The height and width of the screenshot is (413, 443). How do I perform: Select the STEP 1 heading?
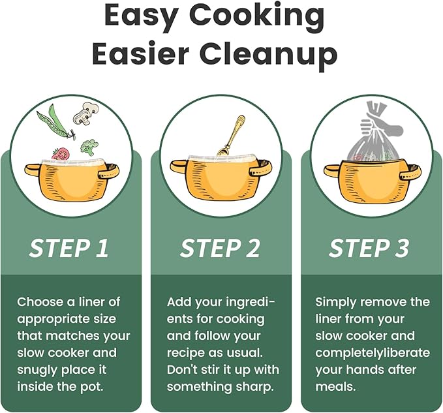(69, 249)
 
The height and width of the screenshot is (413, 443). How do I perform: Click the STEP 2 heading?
(220, 249)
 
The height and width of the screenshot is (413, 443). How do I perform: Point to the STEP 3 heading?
(369, 249)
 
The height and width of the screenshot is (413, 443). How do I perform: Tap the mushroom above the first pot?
(85, 114)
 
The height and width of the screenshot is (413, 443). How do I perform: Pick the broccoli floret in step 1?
(89, 147)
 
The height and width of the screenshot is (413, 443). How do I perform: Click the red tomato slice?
(61, 154)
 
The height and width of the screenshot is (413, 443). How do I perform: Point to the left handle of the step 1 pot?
(33, 170)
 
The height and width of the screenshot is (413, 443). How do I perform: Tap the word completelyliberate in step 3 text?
(373, 353)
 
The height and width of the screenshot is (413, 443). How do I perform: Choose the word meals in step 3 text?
(335, 386)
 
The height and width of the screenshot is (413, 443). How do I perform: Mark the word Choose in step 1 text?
(40, 302)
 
